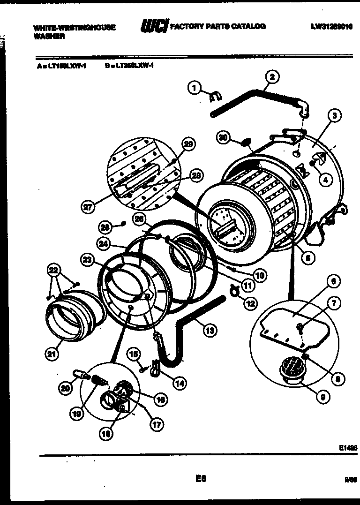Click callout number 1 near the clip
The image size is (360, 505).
click(x=194, y=87)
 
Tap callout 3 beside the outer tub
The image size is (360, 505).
click(x=334, y=116)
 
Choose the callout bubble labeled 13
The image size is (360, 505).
click(x=210, y=330)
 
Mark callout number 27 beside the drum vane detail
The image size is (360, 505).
click(x=88, y=206)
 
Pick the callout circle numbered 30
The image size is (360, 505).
click(x=224, y=137)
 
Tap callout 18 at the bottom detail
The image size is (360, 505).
click(x=106, y=434)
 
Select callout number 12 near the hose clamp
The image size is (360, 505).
click(x=250, y=304)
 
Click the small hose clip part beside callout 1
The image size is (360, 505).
click(x=214, y=97)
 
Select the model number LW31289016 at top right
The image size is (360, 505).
click(x=334, y=27)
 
